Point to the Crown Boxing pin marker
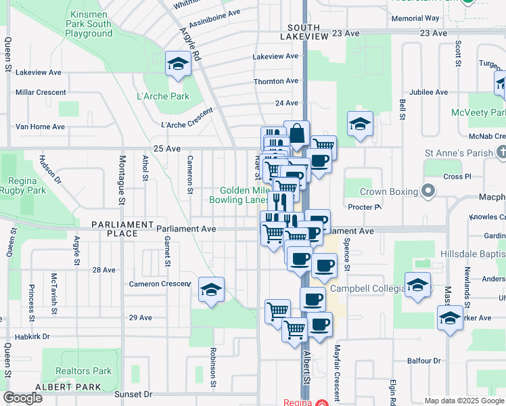point(428,191)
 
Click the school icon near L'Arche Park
point(179,64)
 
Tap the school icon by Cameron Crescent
point(211,290)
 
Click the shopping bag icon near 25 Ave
point(296,133)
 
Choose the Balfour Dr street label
point(424,361)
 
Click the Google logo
point(22,398)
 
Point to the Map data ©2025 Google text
point(465,401)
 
